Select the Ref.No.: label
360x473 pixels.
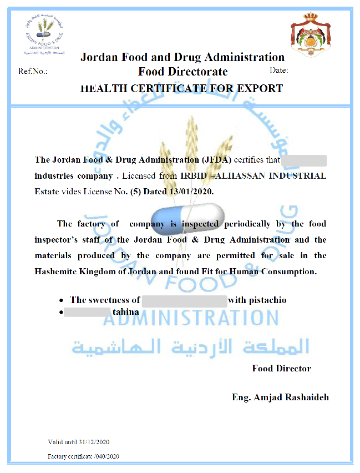[33, 72]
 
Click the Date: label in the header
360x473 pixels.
[279, 71]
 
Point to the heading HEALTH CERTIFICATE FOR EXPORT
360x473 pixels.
[181, 88]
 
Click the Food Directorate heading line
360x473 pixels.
[182, 72]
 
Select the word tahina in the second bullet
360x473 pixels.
[125, 312]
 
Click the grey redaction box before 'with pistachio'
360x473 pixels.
[184, 300]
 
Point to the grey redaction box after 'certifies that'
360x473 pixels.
[304, 160]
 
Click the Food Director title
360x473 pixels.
[281, 368]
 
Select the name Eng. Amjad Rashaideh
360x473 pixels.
[280, 397]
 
